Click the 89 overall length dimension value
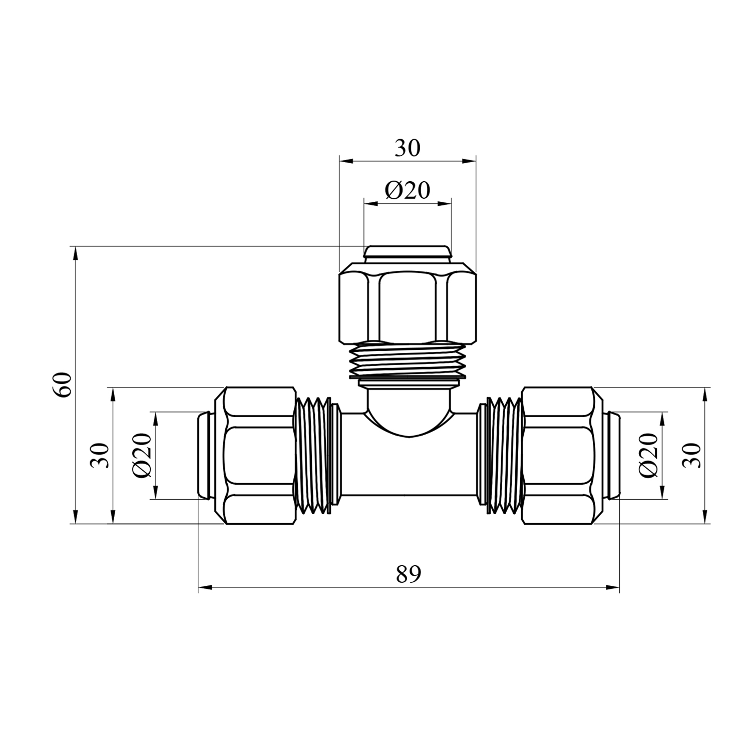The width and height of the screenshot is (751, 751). (x=409, y=574)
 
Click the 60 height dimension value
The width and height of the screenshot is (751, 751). (x=64, y=385)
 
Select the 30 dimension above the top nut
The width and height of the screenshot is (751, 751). (x=408, y=148)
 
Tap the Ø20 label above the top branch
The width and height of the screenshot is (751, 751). (x=408, y=190)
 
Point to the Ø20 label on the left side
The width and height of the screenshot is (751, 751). (x=142, y=455)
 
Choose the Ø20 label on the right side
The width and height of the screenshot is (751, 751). (x=649, y=455)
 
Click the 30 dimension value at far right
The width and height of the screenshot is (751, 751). (x=692, y=455)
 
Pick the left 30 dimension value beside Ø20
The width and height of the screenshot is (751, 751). (x=99, y=455)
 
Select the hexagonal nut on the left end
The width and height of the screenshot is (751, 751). (x=255, y=455)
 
